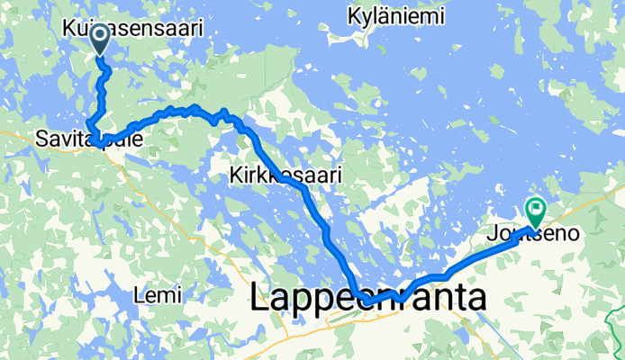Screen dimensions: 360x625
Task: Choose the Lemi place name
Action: pyautogui.click(x=157, y=294)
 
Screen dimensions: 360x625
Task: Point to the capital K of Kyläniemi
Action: pyautogui.click(x=352, y=15)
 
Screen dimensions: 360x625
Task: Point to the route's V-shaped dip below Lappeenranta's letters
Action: pyautogui.click(x=399, y=300)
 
